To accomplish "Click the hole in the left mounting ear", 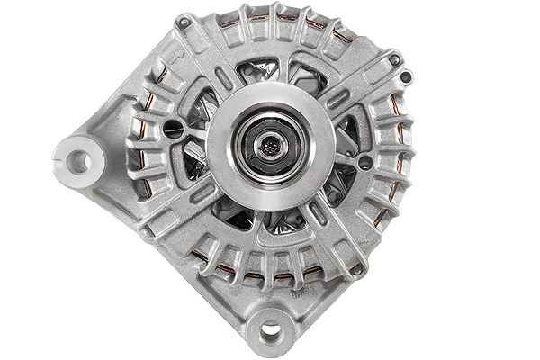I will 78,162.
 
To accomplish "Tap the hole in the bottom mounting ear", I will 271,330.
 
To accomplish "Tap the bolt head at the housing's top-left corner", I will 184,22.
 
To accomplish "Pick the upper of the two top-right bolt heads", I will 393,60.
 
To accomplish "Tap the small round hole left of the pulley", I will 173,134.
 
